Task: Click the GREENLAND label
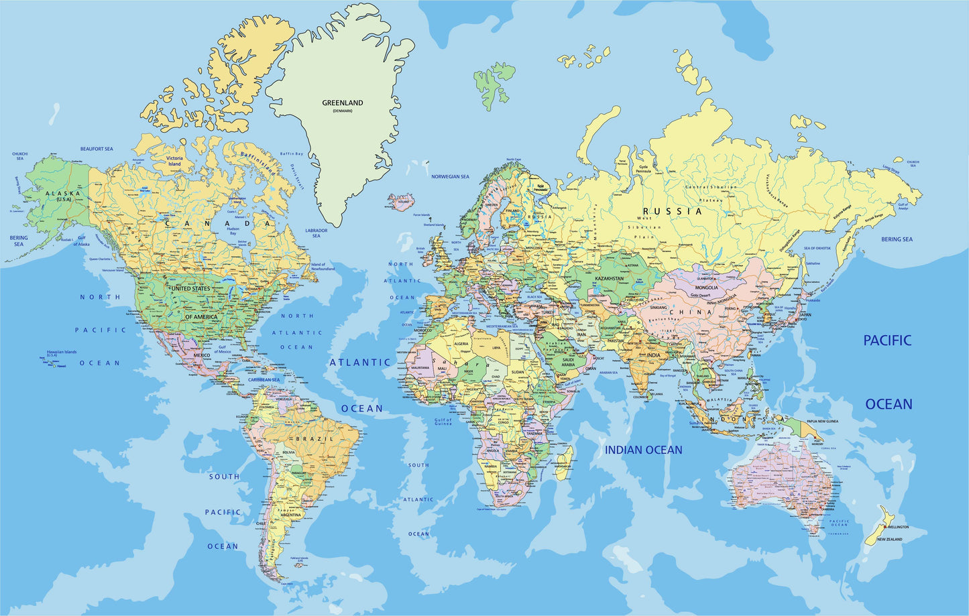(x=342, y=103)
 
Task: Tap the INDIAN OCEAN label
(x=643, y=450)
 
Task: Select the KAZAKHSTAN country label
(x=609, y=278)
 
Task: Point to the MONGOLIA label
(x=706, y=288)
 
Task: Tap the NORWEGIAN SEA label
(x=450, y=177)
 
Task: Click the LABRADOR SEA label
(x=316, y=233)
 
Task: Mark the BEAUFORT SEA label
(x=97, y=149)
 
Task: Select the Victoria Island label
(x=174, y=161)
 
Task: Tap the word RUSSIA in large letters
(x=677, y=211)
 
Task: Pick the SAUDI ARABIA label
(x=568, y=362)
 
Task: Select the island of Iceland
(x=402, y=200)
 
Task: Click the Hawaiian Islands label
(x=62, y=352)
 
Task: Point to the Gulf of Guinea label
(x=443, y=422)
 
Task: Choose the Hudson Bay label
(x=233, y=231)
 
